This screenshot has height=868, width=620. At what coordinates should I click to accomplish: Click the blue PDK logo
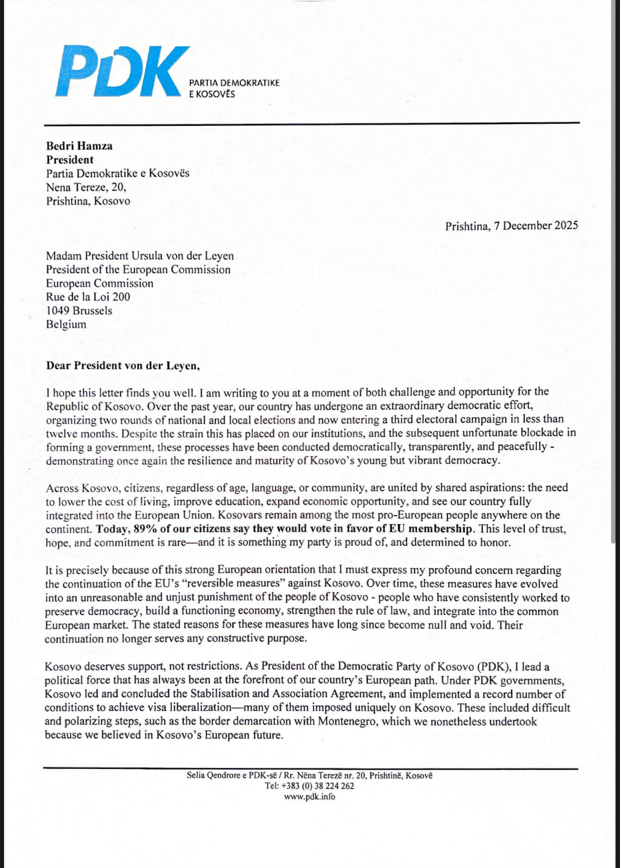pyautogui.click(x=122, y=71)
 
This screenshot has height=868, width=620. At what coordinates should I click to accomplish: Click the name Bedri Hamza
pyautogui.click(x=79, y=146)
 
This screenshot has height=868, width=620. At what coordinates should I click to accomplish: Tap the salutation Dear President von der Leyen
pyautogui.click(x=123, y=365)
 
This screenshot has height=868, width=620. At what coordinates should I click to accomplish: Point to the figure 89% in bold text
pyautogui.click(x=145, y=529)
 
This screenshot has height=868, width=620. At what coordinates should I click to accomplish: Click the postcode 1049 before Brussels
pyautogui.click(x=57, y=310)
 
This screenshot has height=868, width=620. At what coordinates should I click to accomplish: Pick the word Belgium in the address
pyautogui.click(x=66, y=324)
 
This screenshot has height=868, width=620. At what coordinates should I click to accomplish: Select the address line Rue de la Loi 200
pyautogui.click(x=88, y=297)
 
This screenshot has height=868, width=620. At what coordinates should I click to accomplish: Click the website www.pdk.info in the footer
pyautogui.click(x=310, y=797)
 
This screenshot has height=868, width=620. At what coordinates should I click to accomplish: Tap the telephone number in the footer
pyautogui.click(x=317, y=786)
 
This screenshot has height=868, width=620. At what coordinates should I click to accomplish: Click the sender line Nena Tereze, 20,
pyautogui.click(x=86, y=187)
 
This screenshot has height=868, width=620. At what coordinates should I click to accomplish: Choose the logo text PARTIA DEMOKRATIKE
pyautogui.click(x=234, y=83)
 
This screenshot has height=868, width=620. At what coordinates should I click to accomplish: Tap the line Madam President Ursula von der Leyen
pyautogui.click(x=140, y=256)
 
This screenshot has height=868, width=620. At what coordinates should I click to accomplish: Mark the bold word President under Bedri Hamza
pyautogui.click(x=70, y=160)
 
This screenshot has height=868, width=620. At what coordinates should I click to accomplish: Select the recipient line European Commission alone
pyautogui.click(x=100, y=283)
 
